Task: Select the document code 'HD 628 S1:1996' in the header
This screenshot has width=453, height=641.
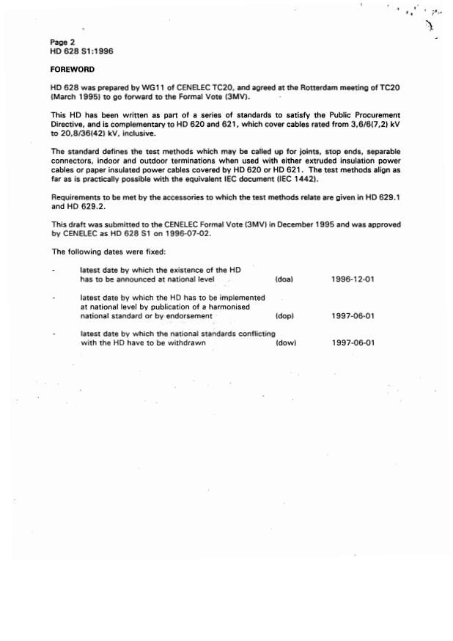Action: pyautogui.click(x=81, y=51)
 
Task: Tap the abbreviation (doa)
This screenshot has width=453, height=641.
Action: pyautogui.click(x=284, y=279)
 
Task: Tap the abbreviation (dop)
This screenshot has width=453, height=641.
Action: pyautogui.click(x=284, y=316)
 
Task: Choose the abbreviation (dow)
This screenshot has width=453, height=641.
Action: pyautogui.click(x=285, y=343)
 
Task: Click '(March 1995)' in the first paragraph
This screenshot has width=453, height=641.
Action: pyautogui.click(x=77, y=97)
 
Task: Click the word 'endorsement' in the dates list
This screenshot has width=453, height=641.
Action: pyautogui.click(x=185, y=316)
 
